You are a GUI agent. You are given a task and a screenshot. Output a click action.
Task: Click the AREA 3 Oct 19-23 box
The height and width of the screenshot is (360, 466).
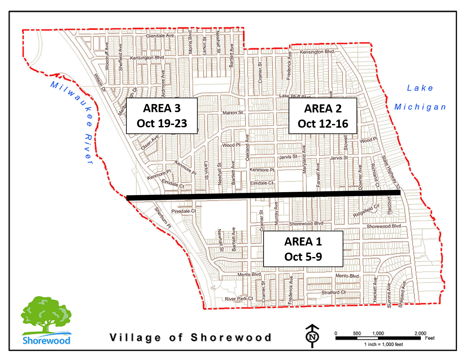[162, 116]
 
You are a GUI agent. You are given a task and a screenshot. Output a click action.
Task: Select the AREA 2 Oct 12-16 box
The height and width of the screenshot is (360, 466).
[323, 116]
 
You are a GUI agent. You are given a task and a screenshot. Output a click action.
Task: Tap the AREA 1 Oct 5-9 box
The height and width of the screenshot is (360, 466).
[303, 249]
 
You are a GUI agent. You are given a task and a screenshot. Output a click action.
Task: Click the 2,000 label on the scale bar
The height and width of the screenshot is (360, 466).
[420, 333]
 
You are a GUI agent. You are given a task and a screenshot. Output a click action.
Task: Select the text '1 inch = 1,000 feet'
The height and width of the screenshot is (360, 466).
[383, 344]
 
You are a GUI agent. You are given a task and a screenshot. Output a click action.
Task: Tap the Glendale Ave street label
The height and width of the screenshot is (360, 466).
[160, 35]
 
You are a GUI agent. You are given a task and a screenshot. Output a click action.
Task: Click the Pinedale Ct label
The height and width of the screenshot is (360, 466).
[183, 211]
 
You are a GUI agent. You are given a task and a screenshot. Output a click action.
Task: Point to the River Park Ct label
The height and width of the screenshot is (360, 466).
[239, 299]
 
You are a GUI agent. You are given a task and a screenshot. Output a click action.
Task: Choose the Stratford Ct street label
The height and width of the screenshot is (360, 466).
[333, 292]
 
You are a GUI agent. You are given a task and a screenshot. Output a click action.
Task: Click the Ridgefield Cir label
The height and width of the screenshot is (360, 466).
[366, 211]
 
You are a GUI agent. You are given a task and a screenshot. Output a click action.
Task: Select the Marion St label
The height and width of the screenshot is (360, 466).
[232, 112]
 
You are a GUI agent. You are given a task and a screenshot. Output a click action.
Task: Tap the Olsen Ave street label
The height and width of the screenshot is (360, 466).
[150, 143]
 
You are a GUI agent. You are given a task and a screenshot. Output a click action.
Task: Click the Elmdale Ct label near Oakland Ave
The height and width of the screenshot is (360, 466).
[262, 183]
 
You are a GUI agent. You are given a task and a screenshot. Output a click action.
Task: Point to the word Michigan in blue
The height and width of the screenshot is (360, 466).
[420, 107]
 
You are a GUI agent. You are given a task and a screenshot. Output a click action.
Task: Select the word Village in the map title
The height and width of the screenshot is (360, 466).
[135, 337]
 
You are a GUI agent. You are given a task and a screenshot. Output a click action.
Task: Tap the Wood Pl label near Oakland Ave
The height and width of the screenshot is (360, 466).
[231, 145]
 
